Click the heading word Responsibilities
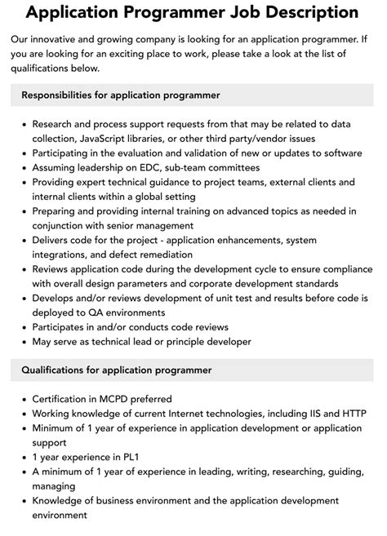(66, 95)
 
